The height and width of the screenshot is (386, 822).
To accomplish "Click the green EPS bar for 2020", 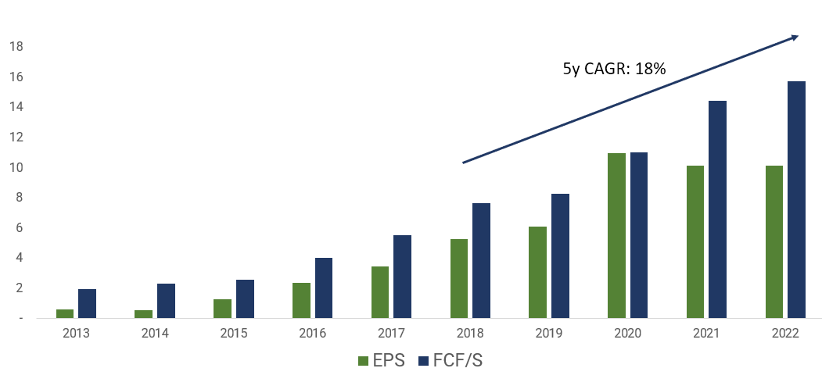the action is click(616, 236).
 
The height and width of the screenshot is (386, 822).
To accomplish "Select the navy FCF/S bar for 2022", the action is click(796, 199).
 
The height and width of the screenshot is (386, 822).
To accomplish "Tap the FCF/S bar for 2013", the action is click(87, 304).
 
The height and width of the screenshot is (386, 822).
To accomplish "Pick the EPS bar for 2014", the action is click(144, 314).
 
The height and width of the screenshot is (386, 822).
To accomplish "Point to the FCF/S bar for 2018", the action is click(481, 261).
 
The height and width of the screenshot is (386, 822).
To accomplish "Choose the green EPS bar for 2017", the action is click(380, 292).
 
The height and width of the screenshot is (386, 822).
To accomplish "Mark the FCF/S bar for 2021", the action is click(718, 209).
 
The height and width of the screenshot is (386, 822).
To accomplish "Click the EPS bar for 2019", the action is click(537, 273).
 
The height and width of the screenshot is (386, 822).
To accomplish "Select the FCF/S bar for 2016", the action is click(324, 288).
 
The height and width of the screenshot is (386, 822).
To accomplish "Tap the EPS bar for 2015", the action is click(222, 309).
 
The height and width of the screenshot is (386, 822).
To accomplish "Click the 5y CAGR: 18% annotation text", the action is click(615, 69).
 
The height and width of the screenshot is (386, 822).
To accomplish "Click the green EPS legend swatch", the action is click(364, 361).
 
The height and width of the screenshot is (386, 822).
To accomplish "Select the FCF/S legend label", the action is click(458, 361).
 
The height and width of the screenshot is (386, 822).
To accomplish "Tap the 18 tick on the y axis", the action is click(16, 47).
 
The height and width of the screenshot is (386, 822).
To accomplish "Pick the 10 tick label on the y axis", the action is click(16, 167).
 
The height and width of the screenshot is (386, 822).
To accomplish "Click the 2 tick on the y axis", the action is click(20, 288).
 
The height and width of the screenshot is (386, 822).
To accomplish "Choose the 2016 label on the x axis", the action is click(313, 334).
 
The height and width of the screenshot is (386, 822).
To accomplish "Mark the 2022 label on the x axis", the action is click(784, 334).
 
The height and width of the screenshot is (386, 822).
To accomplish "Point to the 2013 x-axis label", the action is click(77, 334).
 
